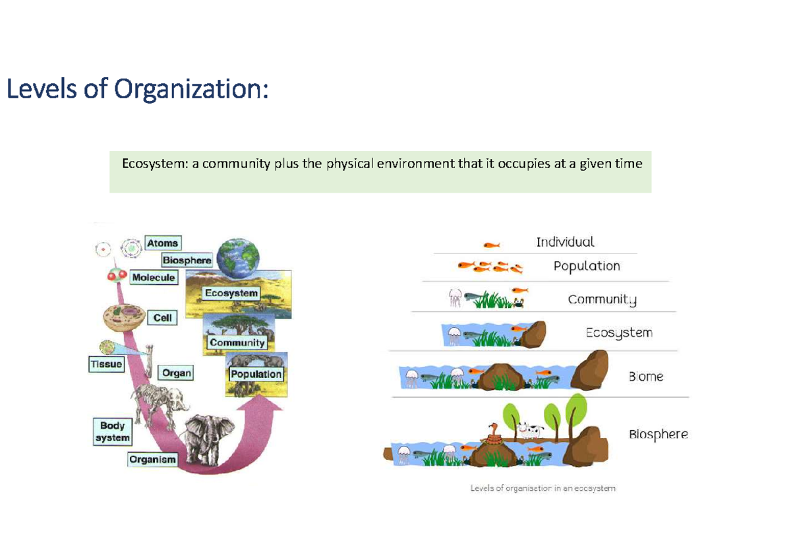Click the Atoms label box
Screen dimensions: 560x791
(x=162, y=243)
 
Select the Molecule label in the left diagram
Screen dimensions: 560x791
(x=153, y=278)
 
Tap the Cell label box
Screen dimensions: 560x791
(x=162, y=318)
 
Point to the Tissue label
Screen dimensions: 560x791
(x=106, y=363)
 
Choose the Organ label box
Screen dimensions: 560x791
(x=176, y=373)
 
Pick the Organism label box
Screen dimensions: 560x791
(x=153, y=459)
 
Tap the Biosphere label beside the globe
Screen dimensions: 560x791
(x=187, y=261)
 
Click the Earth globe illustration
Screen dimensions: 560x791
(x=238, y=257)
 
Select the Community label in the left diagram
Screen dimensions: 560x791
(x=237, y=342)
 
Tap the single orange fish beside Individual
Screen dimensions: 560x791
(x=491, y=245)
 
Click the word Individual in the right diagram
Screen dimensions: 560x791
(x=565, y=242)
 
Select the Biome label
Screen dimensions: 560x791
(x=645, y=377)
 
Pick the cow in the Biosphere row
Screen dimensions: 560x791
(x=529, y=430)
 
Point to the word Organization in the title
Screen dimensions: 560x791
(x=190, y=88)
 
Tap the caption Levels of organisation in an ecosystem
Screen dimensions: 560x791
(x=542, y=489)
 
